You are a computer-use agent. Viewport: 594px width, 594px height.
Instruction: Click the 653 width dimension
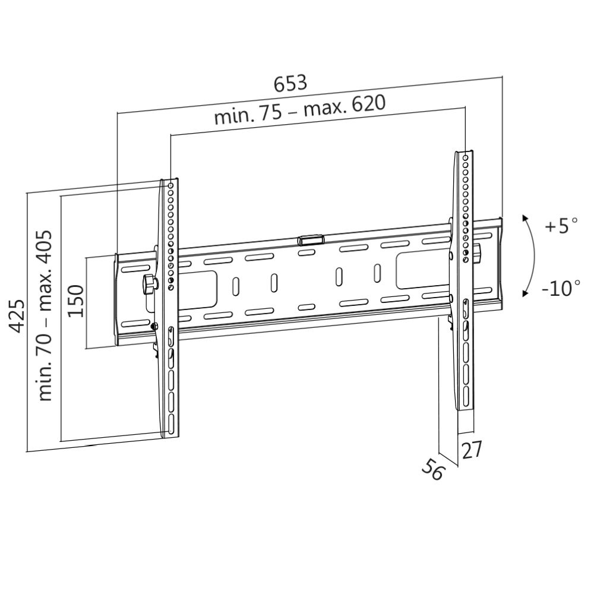pos(290,83)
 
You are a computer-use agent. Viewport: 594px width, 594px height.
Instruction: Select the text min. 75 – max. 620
pos(300,109)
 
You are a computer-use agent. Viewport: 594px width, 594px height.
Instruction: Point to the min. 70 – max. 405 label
pos(45,315)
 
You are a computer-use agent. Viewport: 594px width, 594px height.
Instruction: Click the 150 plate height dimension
pos(76,301)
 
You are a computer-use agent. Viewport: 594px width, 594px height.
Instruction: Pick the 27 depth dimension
pos(472,450)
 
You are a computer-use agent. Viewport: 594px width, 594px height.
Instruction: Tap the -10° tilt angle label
pos(561,289)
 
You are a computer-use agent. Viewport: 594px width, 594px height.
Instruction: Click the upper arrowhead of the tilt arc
pos(525,218)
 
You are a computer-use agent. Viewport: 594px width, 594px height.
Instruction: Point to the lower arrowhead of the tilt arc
pos(525,293)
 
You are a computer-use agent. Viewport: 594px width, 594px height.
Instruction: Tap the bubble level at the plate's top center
pos(310,240)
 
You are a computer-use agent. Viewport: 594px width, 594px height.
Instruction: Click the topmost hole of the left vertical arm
pos(171,186)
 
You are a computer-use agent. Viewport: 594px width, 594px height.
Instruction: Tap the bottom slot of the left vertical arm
pos(171,424)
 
